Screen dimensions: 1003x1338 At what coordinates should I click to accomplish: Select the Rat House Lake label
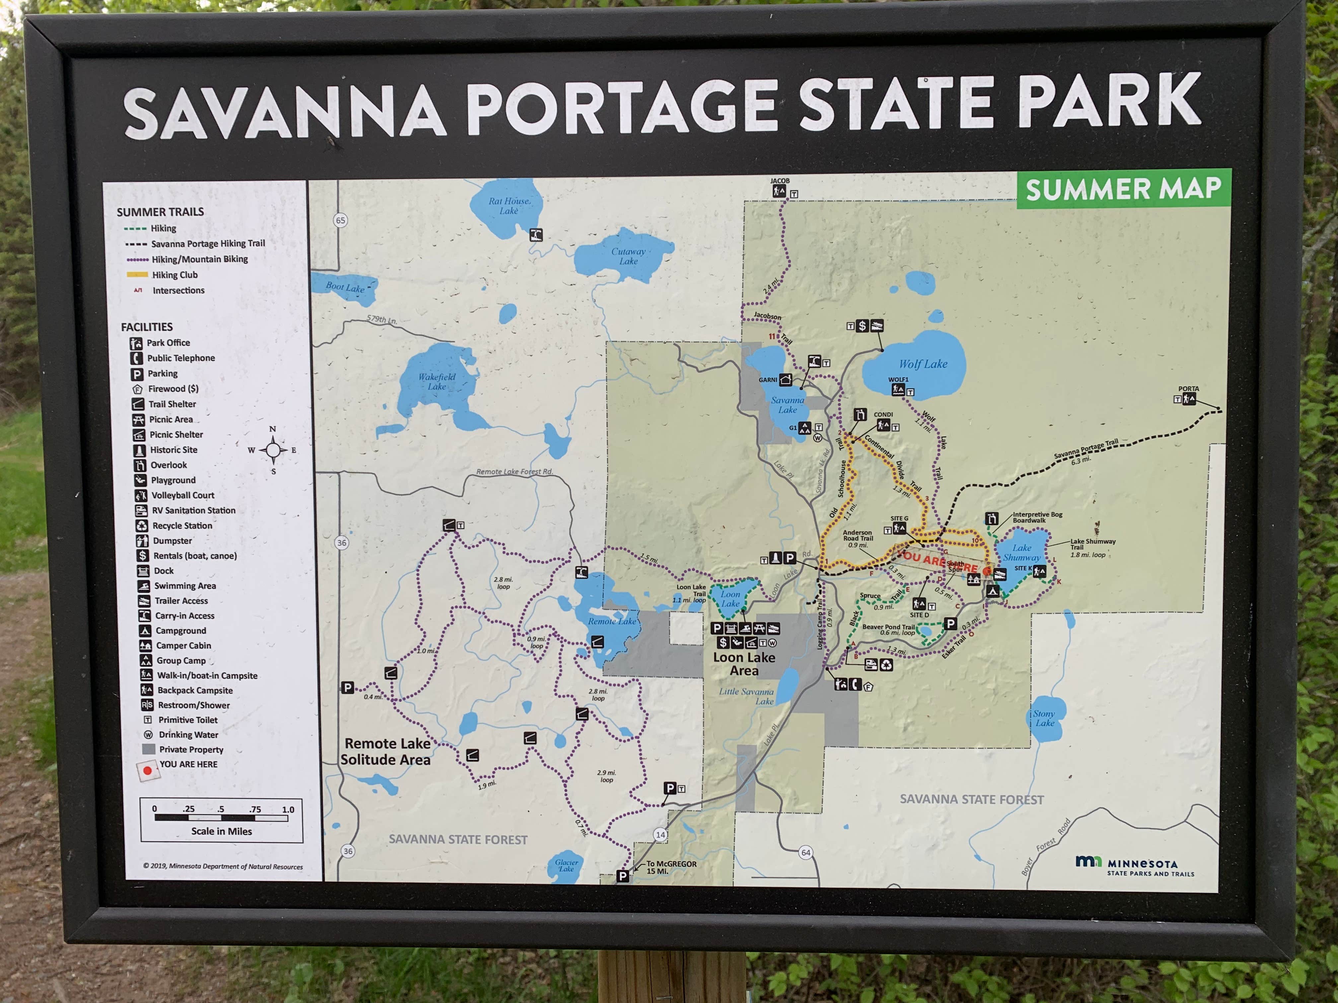point(509,206)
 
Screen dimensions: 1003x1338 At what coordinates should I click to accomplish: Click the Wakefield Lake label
point(437,381)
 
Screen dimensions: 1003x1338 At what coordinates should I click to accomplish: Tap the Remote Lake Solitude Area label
point(386,752)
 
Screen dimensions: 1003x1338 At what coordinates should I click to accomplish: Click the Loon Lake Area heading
point(744,664)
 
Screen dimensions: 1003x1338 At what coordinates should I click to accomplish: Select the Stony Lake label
point(1044,718)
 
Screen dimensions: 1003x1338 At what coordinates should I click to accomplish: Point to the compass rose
point(273,450)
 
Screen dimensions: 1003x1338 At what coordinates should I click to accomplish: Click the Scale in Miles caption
point(221,831)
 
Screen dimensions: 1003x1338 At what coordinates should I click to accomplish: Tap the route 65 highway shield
point(340,220)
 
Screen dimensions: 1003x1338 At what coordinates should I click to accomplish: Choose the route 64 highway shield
point(806,852)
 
